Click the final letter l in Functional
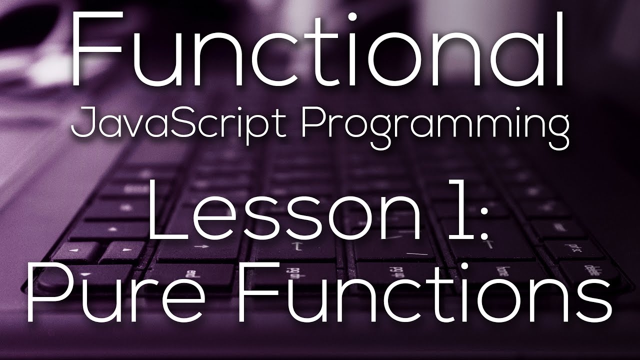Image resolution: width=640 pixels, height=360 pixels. (560, 50)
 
